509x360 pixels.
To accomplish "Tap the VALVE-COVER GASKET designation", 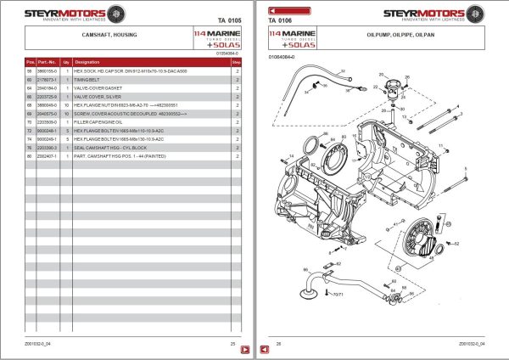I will point(98,87).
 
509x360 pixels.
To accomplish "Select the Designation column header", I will point(87,63).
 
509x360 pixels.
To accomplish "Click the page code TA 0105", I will point(230,20).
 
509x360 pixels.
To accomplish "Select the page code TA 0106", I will point(280,20).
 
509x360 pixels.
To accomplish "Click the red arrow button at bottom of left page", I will point(241,349).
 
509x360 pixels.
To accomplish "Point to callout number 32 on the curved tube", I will point(343,70).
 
